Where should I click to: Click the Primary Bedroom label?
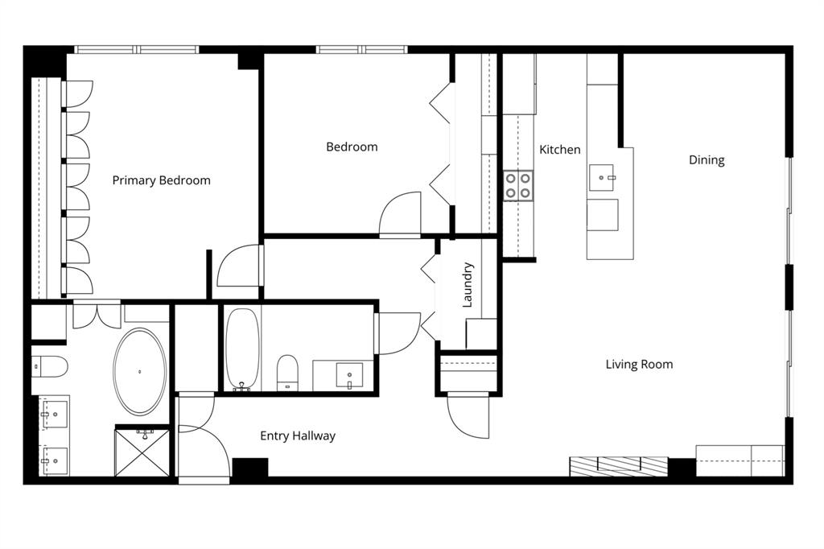click(x=161, y=180)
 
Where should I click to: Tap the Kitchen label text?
click(x=559, y=150)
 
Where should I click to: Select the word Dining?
click(x=707, y=160)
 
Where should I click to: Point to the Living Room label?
click(x=639, y=365)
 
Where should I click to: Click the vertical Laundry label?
click(x=468, y=285)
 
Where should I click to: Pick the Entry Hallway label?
click(x=297, y=436)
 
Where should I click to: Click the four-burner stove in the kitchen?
click(x=518, y=185)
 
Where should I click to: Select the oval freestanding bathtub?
click(x=141, y=371)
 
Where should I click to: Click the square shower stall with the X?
click(x=142, y=453)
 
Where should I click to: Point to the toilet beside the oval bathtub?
click(x=48, y=366)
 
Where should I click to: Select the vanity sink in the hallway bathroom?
click(x=349, y=375)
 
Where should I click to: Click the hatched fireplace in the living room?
click(x=618, y=466)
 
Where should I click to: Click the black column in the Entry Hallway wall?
click(x=249, y=468)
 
